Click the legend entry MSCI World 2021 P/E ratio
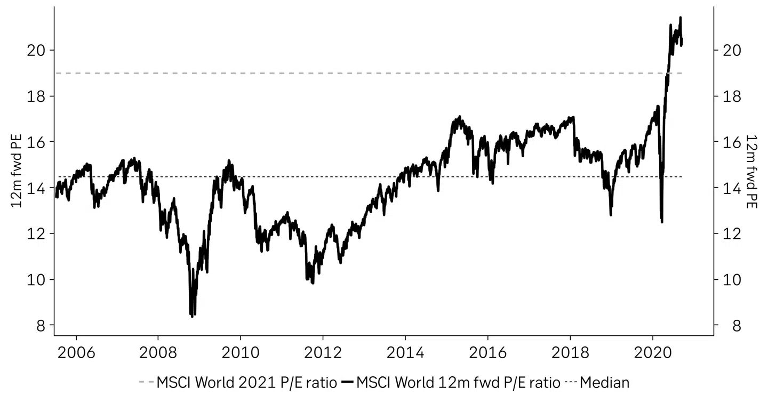click(x=237, y=383)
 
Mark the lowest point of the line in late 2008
click(x=192, y=317)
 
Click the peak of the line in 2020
click(x=680, y=18)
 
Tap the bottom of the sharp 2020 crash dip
click(x=662, y=222)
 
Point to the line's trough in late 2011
click(x=313, y=283)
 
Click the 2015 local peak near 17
click(x=459, y=116)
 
